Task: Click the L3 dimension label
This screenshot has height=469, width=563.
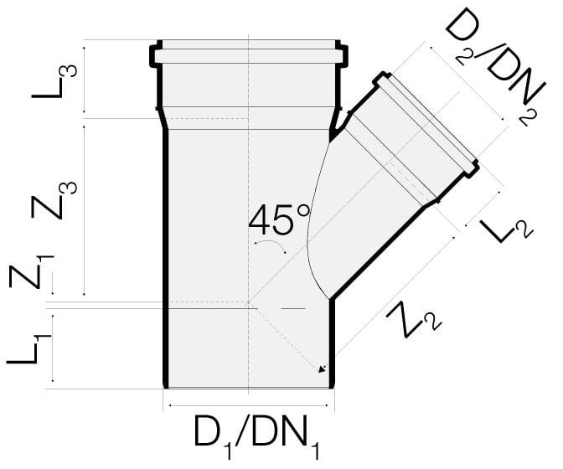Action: [x=54, y=81]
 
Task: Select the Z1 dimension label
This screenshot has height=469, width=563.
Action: [x=32, y=271]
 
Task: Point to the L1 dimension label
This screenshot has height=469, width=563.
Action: [x=29, y=349]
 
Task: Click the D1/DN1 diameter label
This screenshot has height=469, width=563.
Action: [x=256, y=436]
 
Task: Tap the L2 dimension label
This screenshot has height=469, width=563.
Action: [x=507, y=231]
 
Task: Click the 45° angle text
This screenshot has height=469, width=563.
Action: [x=279, y=219]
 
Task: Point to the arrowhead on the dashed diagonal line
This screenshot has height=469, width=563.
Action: [x=323, y=368]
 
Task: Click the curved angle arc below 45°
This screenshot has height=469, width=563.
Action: [x=271, y=245]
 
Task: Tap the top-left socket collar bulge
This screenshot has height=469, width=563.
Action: [x=154, y=56]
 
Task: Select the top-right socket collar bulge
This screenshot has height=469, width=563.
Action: [x=343, y=56]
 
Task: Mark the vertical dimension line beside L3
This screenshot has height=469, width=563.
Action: [x=84, y=80]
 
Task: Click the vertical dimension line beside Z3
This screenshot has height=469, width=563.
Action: [x=84, y=211]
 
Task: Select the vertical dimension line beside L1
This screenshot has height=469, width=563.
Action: [x=53, y=348]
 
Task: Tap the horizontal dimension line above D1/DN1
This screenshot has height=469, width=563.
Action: [x=249, y=405]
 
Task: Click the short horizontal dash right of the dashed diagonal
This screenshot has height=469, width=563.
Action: [x=293, y=308]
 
